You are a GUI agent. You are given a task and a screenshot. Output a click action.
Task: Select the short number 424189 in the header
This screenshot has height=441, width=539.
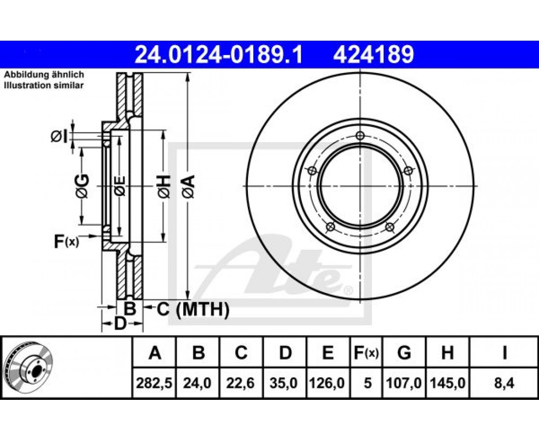(373, 55)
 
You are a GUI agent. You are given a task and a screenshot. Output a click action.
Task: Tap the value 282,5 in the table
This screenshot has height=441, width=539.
(154, 383)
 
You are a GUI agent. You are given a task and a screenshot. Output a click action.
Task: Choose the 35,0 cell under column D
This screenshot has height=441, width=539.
(284, 383)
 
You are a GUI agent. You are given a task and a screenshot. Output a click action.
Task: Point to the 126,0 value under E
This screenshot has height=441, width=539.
(327, 383)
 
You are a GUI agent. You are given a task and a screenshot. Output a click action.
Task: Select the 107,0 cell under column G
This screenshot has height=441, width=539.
(404, 383)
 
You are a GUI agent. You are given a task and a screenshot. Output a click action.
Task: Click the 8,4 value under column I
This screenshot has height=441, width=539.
(504, 383)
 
